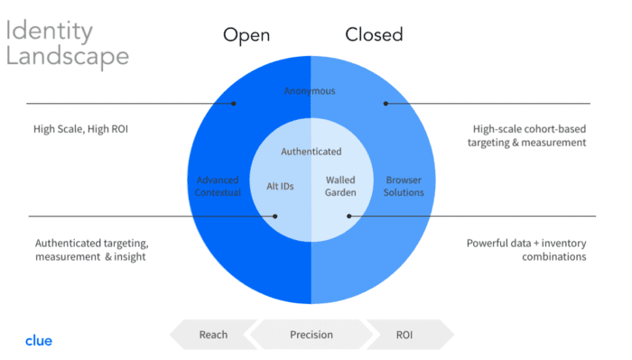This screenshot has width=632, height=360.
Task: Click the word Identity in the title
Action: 49,32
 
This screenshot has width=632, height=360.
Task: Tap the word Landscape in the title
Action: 68,56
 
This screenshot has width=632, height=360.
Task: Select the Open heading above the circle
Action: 246,36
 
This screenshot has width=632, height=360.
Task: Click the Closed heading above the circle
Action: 374,34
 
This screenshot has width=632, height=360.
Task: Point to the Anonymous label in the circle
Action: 310,91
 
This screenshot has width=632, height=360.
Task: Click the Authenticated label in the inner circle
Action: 311,152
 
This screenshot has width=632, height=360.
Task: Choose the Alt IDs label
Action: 280,186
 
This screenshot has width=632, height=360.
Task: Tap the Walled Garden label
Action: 340,186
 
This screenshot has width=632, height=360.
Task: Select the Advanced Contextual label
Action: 218,186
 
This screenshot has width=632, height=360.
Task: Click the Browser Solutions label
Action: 404,186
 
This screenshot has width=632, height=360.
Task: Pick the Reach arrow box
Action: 213,335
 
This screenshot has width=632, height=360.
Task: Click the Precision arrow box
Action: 311,335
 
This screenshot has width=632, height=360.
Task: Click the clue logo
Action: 39,341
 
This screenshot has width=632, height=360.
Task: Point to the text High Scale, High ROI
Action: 80,129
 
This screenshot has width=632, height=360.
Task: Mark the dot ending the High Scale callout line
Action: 233,104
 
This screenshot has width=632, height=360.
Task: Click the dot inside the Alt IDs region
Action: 274,217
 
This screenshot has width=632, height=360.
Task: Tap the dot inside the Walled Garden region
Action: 349,217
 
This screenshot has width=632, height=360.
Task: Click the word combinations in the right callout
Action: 554,256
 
